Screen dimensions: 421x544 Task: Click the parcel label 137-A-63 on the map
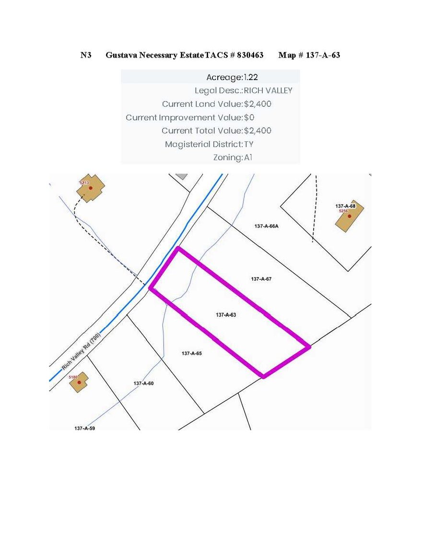[226, 315]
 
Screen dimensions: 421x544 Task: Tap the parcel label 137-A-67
[261, 278]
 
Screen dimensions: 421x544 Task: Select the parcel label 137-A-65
[192, 353]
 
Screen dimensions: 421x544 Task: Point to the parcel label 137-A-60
[143, 383]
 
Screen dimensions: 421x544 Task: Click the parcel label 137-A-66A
[267, 226]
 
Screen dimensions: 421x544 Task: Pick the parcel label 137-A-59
[85, 428]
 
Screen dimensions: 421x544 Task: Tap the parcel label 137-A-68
[345, 206]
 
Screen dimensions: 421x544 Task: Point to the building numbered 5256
[350, 217]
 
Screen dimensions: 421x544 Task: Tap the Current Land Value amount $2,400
[258, 104]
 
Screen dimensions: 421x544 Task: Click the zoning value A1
[248, 157]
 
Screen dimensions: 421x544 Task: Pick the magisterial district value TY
[249, 144]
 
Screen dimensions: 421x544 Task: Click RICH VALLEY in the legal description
[268, 91]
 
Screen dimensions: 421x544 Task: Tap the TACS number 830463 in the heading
[249, 55]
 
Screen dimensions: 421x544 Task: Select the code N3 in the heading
[86, 55]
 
